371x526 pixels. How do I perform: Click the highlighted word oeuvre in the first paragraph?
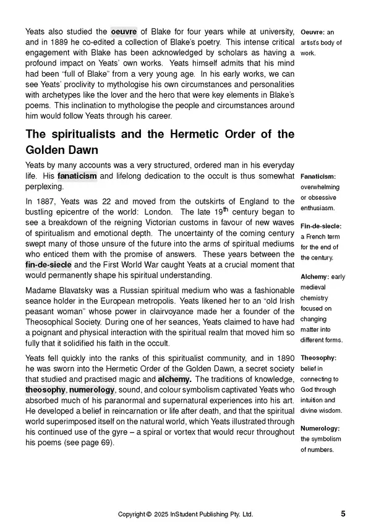click(x=124, y=32)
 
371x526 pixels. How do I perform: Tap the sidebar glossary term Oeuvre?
click(x=312, y=32)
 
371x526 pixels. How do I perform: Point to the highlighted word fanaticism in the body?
click(x=77, y=176)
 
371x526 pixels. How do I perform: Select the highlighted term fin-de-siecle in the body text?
click(x=48, y=265)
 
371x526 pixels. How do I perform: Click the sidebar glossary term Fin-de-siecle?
click(x=320, y=226)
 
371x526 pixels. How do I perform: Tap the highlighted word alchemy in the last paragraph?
click(x=174, y=379)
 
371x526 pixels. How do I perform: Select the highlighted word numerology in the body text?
click(x=92, y=390)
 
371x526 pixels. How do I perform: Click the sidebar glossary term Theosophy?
click(x=318, y=357)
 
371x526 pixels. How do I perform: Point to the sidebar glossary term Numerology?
click(x=320, y=428)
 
